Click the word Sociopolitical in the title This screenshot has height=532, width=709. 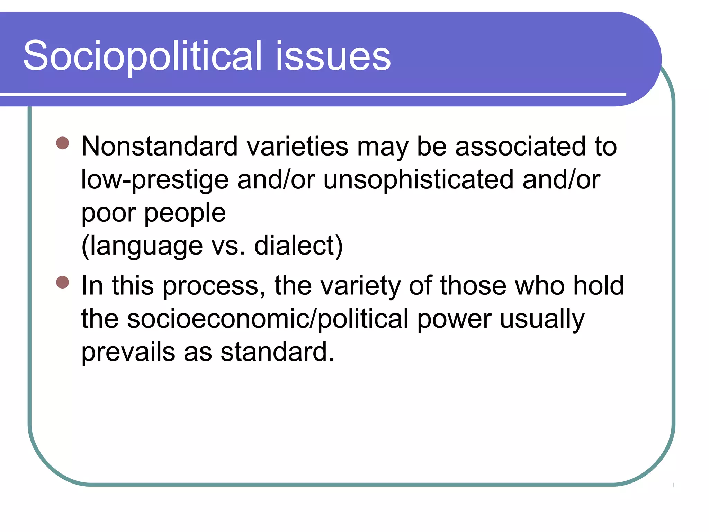point(142,56)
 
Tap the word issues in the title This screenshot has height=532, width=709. point(333,56)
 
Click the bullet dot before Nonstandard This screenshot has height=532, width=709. point(63,143)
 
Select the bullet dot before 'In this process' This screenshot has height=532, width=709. point(63,282)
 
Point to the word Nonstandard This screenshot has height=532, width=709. point(160,146)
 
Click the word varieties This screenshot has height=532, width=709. point(297,146)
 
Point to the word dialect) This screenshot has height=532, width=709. point(298,246)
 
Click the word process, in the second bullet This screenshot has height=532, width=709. point(214,286)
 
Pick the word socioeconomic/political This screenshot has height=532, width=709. point(268,319)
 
